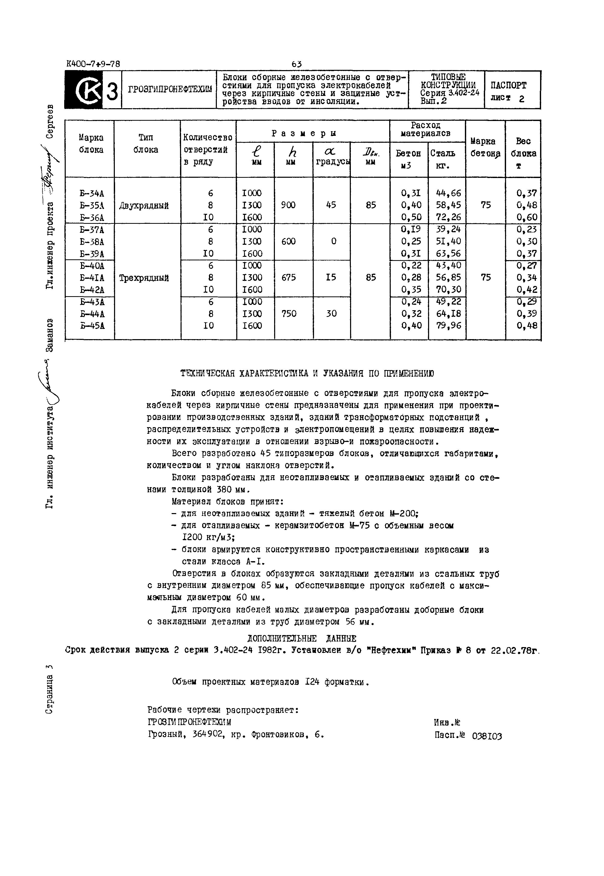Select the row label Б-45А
(x=92, y=326)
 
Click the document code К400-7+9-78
(x=93, y=64)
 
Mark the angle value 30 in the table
(x=331, y=314)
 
